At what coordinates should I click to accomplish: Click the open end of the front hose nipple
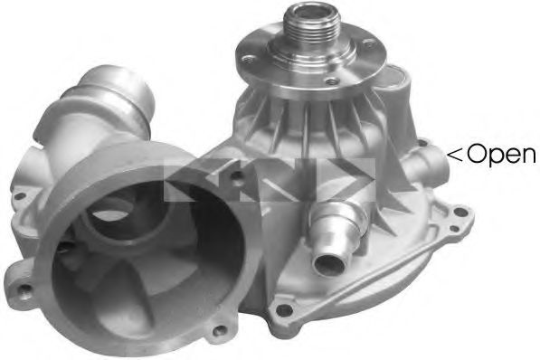(327, 261)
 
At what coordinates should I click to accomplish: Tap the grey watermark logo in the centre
(270, 182)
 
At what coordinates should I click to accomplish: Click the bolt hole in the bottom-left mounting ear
(24, 289)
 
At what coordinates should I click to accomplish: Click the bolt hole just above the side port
(420, 141)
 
